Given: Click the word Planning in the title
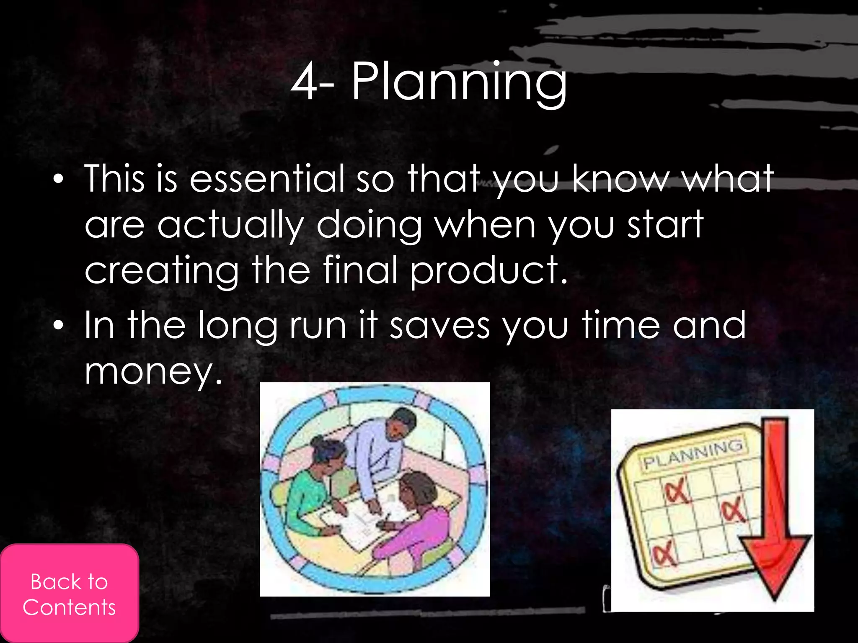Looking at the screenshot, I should tap(459, 82).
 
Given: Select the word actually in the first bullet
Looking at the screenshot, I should tap(230, 225).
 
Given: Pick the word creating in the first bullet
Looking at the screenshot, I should tap(161, 271).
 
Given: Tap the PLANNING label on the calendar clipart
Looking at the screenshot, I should tap(693, 454).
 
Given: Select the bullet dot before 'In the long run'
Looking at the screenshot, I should tap(58, 326).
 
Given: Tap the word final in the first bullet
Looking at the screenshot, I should tap(360, 271).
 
